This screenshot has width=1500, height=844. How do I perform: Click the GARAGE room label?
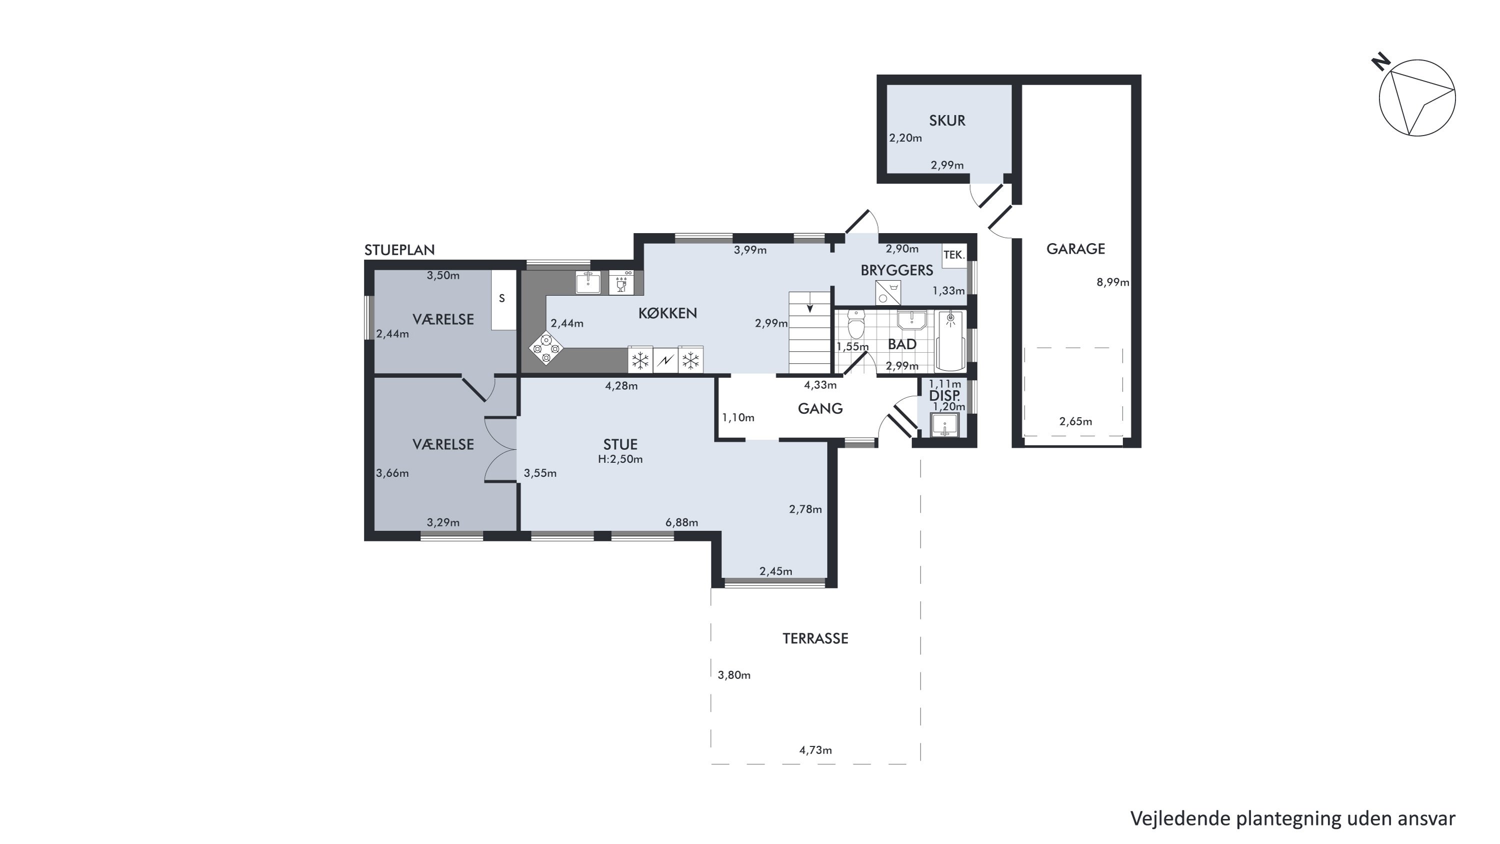tap(1075, 249)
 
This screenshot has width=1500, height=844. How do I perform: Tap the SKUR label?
tap(947, 121)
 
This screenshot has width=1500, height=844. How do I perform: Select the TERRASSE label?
tap(815, 638)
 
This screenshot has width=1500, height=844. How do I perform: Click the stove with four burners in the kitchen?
tap(546, 348)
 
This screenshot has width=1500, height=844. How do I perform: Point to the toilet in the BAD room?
tap(856, 324)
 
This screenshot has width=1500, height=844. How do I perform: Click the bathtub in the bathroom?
tap(950, 341)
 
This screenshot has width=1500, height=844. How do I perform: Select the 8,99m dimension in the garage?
tap(1113, 283)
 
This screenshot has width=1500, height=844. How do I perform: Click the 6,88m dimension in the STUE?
tap(682, 522)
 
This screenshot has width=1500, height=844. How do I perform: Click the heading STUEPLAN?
tap(399, 250)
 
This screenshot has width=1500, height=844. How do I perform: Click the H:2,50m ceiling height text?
tap(620, 459)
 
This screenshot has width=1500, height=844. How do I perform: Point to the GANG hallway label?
tap(820, 408)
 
